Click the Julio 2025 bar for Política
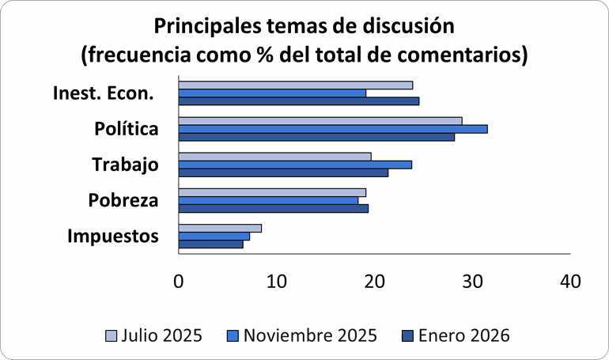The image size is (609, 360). click(320, 121)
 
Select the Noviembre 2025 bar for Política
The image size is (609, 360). click(333, 129)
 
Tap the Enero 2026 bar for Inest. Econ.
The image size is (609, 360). click(299, 101)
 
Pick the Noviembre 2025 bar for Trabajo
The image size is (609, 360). click(295, 165)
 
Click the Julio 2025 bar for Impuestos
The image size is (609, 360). click(220, 228)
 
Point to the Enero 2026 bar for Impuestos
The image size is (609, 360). click(211, 244)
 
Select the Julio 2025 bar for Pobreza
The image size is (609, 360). click(272, 192)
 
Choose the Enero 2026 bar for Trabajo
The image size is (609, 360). click(283, 172)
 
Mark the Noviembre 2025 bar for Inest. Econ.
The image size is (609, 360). click(272, 93)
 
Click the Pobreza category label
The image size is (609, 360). click(123, 201)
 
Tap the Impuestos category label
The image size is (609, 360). click(113, 236)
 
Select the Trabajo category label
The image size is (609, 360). click(125, 165)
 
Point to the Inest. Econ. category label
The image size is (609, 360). click(103, 93)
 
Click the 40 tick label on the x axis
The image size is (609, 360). click(569, 281)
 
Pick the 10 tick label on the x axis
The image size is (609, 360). click(276, 281)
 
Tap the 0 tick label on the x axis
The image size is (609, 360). click(179, 281)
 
